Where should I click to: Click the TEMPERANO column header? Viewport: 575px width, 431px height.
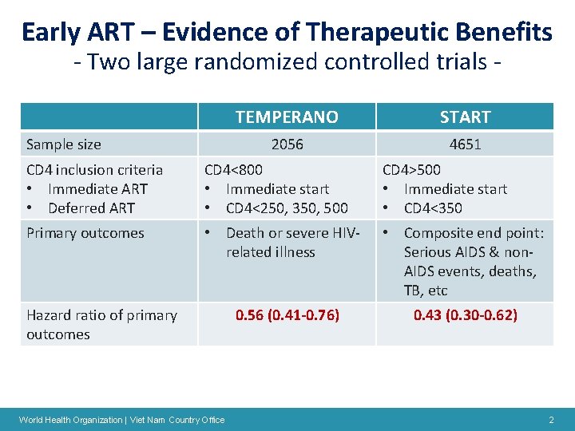click(x=287, y=117)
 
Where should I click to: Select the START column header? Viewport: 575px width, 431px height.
click(x=465, y=117)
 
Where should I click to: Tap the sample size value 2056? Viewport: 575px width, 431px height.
click(x=287, y=144)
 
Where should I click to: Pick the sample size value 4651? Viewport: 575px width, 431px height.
click(x=465, y=144)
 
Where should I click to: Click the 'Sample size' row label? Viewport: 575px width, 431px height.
click(x=64, y=144)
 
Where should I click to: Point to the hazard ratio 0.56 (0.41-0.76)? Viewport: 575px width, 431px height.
click(x=287, y=315)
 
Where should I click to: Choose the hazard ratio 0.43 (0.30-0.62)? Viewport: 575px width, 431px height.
click(x=465, y=315)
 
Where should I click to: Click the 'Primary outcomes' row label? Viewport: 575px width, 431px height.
click(x=85, y=233)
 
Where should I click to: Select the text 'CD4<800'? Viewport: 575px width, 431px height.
click(x=233, y=169)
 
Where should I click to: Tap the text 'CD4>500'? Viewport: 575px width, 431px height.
click(x=411, y=169)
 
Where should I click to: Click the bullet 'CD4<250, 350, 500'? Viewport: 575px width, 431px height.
click(x=287, y=208)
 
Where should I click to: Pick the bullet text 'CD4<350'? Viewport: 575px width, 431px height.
click(x=433, y=208)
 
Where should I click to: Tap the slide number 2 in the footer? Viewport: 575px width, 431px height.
click(x=551, y=420)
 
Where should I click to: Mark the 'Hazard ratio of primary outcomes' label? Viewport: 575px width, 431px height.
click(x=101, y=325)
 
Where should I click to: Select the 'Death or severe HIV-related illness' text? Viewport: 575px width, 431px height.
click(x=293, y=243)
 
